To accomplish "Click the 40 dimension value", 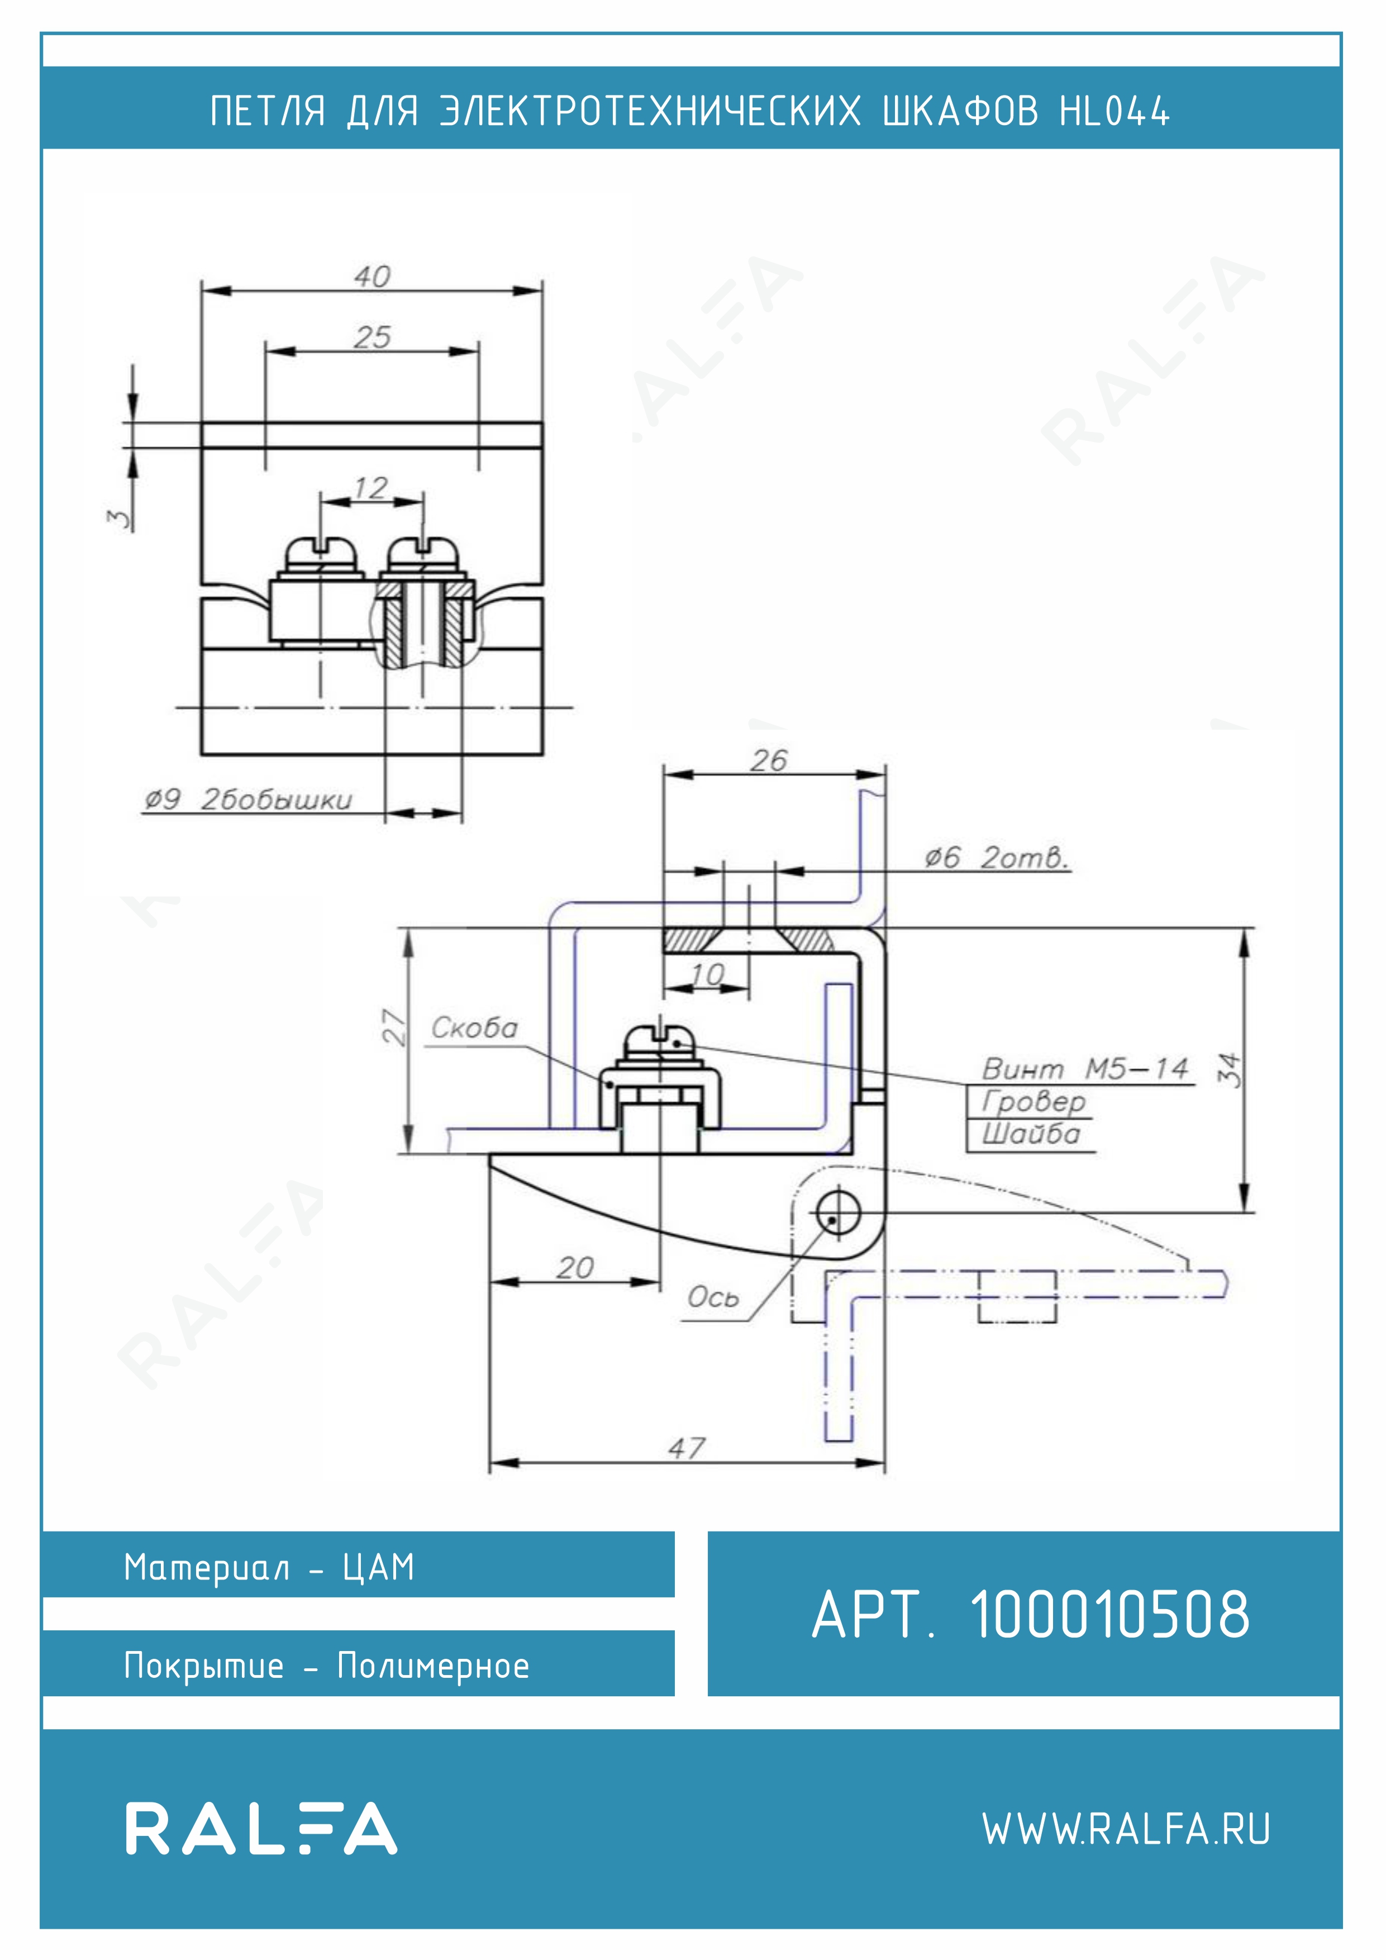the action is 372,277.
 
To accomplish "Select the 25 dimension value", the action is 372,337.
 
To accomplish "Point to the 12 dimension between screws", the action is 371,488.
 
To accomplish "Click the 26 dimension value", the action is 769,760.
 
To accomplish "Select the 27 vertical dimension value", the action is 393,1027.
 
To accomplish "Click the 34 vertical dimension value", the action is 1229,1069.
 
